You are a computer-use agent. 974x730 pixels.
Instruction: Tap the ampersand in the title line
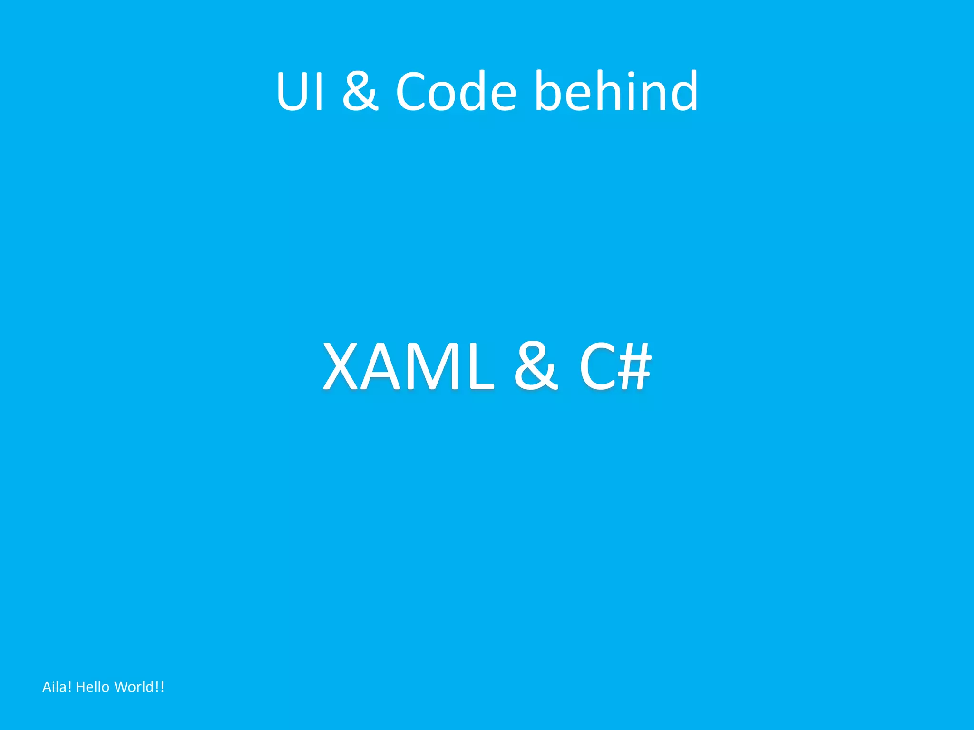pos(360,91)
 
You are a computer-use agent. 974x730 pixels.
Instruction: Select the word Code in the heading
pos(456,91)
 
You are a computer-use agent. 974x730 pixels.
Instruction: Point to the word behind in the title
pos(616,91)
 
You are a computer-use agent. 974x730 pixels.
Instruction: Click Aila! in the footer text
pos(57,687)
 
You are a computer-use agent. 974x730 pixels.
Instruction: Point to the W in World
pos(121,687)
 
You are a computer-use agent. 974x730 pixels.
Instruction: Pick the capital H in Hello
pos(80,687)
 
